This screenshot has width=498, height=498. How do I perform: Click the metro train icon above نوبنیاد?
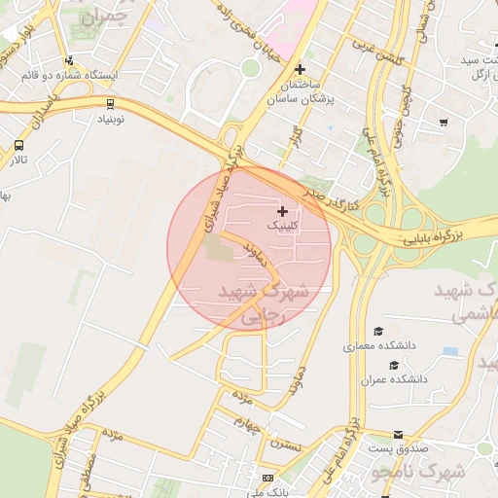[x=108, y=101]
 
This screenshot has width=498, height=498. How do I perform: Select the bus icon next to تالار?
[x=19, y=146]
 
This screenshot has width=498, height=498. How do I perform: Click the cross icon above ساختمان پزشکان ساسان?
[x=301, y=69]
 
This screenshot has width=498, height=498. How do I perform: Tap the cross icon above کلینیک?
[x=283, y=211]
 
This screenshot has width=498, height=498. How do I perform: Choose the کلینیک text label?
[x=283, y=226]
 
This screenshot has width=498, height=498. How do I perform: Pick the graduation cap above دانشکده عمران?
[x=393, y=365]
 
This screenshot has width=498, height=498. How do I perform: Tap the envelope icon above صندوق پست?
[x=397, y=435]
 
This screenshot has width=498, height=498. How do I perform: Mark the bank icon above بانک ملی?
[x=267, y=479]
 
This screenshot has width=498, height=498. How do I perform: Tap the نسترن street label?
[x=287, y=445]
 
